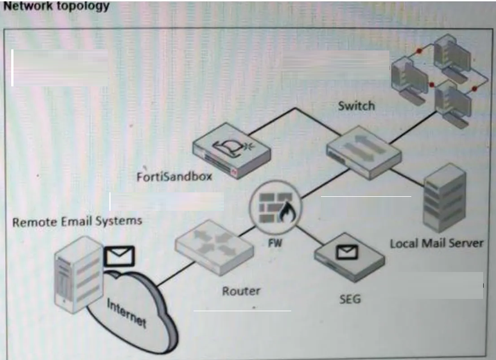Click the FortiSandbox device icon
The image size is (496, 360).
(x=232, y=151)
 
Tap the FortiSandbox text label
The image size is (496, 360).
(x=174, y=177)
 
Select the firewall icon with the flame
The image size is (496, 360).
(x=275, y=207)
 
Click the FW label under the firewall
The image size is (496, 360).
(x=275, y=243)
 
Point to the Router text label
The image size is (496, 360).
(x=241, y=291)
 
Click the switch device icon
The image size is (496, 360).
(x=364, y=153)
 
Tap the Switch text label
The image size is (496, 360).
(x=356, y=105)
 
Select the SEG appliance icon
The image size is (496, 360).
(x=350, y=257)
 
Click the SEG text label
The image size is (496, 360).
(x=350, y=299)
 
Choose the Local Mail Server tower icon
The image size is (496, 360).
(x=444, y=198)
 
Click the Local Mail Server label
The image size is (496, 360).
(x=437, y=243)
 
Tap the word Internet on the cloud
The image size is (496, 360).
(x=127, y=313)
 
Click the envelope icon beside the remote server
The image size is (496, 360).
(x=120, y=256)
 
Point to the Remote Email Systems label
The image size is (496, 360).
(x=77, y=221)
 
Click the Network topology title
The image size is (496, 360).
(x=56, y=6)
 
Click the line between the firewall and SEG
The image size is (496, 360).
(x=310, y=235)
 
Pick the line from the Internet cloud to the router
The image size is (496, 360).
(x=175, y=274)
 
